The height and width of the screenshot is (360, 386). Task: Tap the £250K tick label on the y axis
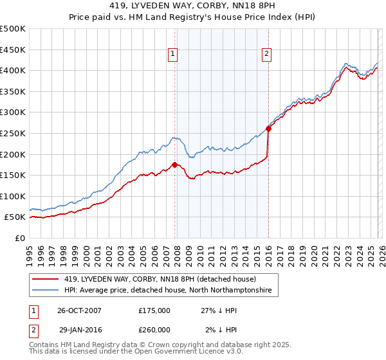(13, 133)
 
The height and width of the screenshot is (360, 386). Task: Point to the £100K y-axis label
(13, 196)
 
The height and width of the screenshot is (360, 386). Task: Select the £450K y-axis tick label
(13, 50)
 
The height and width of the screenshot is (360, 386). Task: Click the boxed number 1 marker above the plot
(174, 55)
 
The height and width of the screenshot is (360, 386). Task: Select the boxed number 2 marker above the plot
(266, 55)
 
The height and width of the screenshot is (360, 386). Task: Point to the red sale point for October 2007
(174, 165)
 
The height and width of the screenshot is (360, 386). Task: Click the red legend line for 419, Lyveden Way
(46, 279)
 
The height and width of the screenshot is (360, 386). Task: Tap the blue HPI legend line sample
(46, 291)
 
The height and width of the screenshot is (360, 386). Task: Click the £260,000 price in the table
(154, 329)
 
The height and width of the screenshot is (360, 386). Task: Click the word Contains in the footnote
(46, 345)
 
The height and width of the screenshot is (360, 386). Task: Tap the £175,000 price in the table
(154, 310)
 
